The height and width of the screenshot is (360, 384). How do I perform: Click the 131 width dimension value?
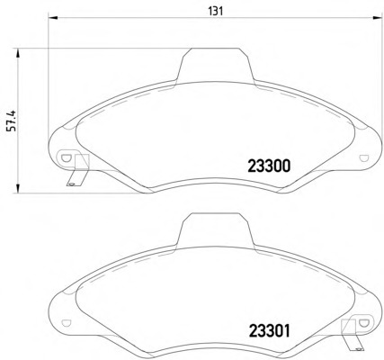click(216, 12)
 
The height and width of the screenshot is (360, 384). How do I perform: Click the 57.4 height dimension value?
click(13, 121)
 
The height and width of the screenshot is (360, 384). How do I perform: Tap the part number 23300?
click(269, 166)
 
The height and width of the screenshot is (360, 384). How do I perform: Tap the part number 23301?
click(270, 331)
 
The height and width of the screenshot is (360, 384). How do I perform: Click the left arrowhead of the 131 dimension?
click(52, 18)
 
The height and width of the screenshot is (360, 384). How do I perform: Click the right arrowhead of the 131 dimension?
click(377, 18)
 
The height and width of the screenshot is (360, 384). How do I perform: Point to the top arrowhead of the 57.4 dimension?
click(18, 53)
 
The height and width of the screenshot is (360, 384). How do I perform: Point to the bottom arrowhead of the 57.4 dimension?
click(18, 188)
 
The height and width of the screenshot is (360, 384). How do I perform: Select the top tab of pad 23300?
click(215, 65)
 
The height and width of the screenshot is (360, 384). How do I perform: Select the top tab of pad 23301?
click(215, 229)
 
